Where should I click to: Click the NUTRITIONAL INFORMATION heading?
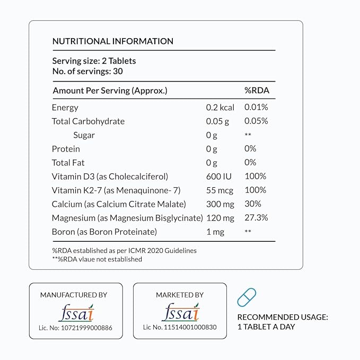tap(112, 41)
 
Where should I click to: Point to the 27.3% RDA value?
tap(256, 217)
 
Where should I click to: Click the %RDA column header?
tap(257, 91)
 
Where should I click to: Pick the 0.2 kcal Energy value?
tap(219, 107)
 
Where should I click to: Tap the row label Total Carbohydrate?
tap(88, 121)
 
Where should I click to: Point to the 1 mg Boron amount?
tap(215, 231)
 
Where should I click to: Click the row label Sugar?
tap(84, 135)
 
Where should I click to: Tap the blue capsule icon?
tap(247, 297)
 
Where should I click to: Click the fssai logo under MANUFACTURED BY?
tap(76, 311)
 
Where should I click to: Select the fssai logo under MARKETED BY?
tap(180, 311)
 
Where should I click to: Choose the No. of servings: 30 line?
tap(87, 71)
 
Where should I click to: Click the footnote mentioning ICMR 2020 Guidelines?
tap(124, 250)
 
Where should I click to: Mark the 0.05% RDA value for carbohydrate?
tap(256, 121)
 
